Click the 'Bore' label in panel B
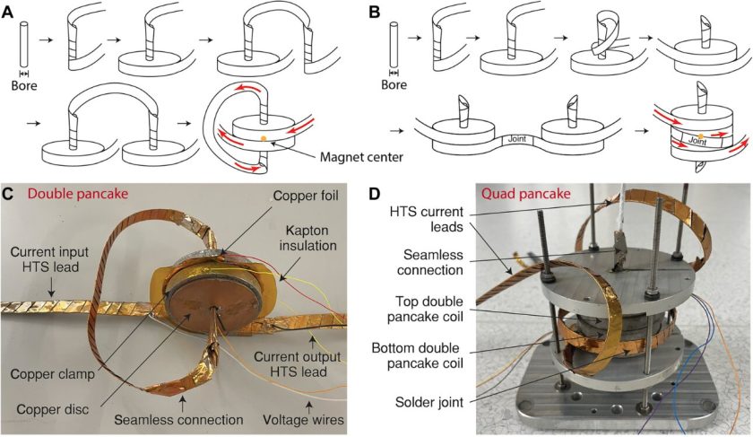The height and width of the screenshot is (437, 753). point(397,88)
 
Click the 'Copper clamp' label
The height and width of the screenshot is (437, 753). point(49,371)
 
